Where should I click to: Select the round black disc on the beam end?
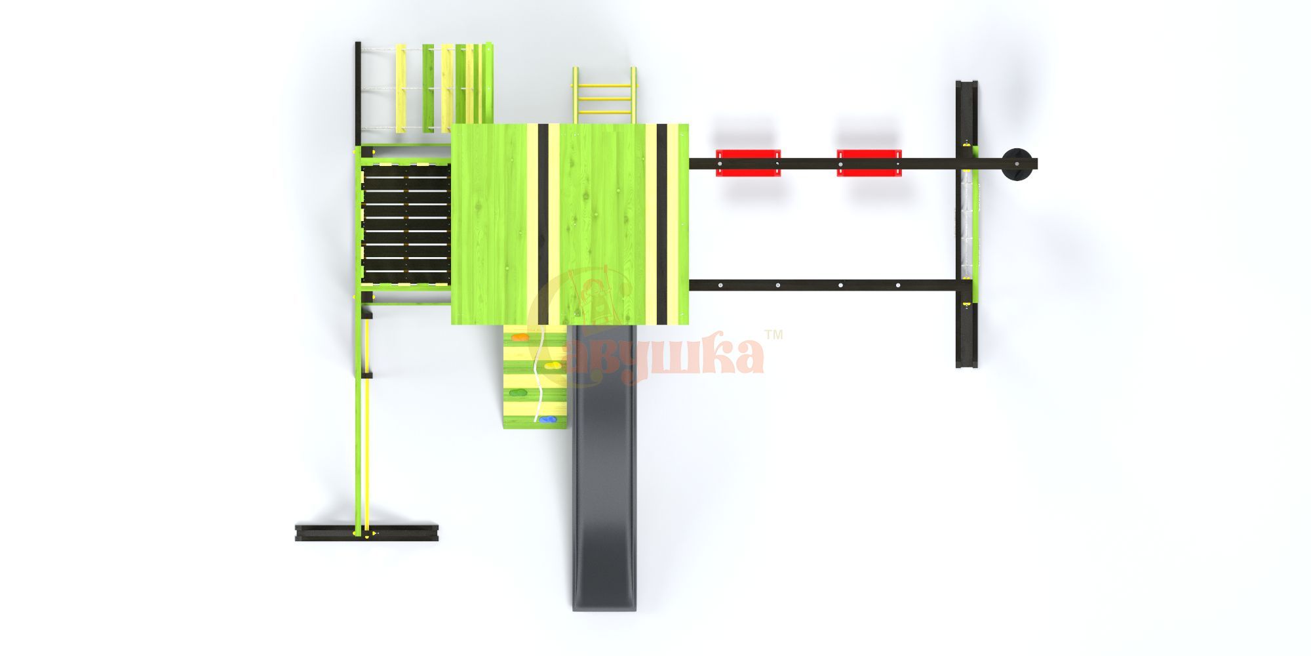click(x=1018, y=164)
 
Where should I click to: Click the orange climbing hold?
click(x=520, y=338)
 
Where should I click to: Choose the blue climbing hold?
click(x=545, y=420)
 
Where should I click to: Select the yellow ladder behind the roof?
click(x=604, y=95)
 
